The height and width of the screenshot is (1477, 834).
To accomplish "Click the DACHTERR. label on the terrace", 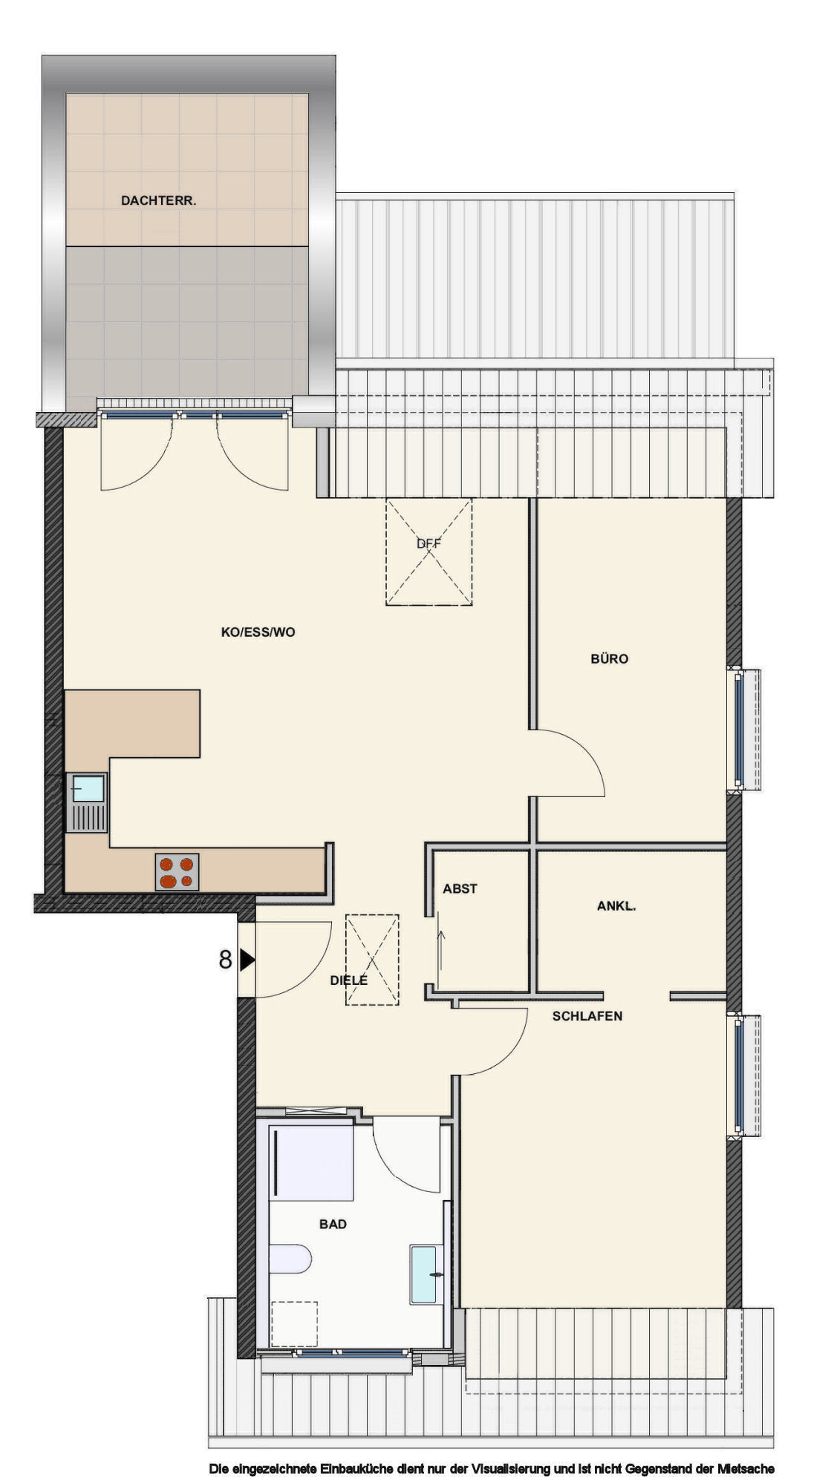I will (x=158, y=200).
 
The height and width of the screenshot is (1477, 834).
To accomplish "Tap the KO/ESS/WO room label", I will (x=258, y=632).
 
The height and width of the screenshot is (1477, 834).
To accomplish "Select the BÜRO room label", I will (x=609, y=658).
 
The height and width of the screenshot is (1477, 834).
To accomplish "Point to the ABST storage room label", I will (x=460, y=888).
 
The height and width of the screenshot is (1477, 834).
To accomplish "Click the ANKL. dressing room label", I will (x=616, y=905).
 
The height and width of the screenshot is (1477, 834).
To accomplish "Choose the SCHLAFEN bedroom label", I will (x=587, y=1016).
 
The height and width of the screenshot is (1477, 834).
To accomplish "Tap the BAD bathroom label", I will (x=333, y=1224).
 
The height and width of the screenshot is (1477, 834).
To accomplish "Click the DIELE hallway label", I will (x=348, y=980).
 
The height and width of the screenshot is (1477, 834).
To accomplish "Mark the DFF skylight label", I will (x=429, y=543).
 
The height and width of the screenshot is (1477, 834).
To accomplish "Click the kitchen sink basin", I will (x=88, y=788).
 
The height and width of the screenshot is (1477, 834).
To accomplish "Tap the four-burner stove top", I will (x=177, y=872).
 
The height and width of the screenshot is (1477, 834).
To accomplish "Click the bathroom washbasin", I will (x=426, y=1274).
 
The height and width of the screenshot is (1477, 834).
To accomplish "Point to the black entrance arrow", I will (x=247, y=960).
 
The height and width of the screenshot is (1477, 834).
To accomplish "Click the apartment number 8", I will (x=225, y=960).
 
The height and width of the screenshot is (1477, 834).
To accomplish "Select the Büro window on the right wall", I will (x=740, y=730).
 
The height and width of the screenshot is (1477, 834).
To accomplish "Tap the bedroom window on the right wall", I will (x=740, y=1075).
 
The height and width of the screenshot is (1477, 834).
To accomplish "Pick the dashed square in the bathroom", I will (x=294, y=1323).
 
